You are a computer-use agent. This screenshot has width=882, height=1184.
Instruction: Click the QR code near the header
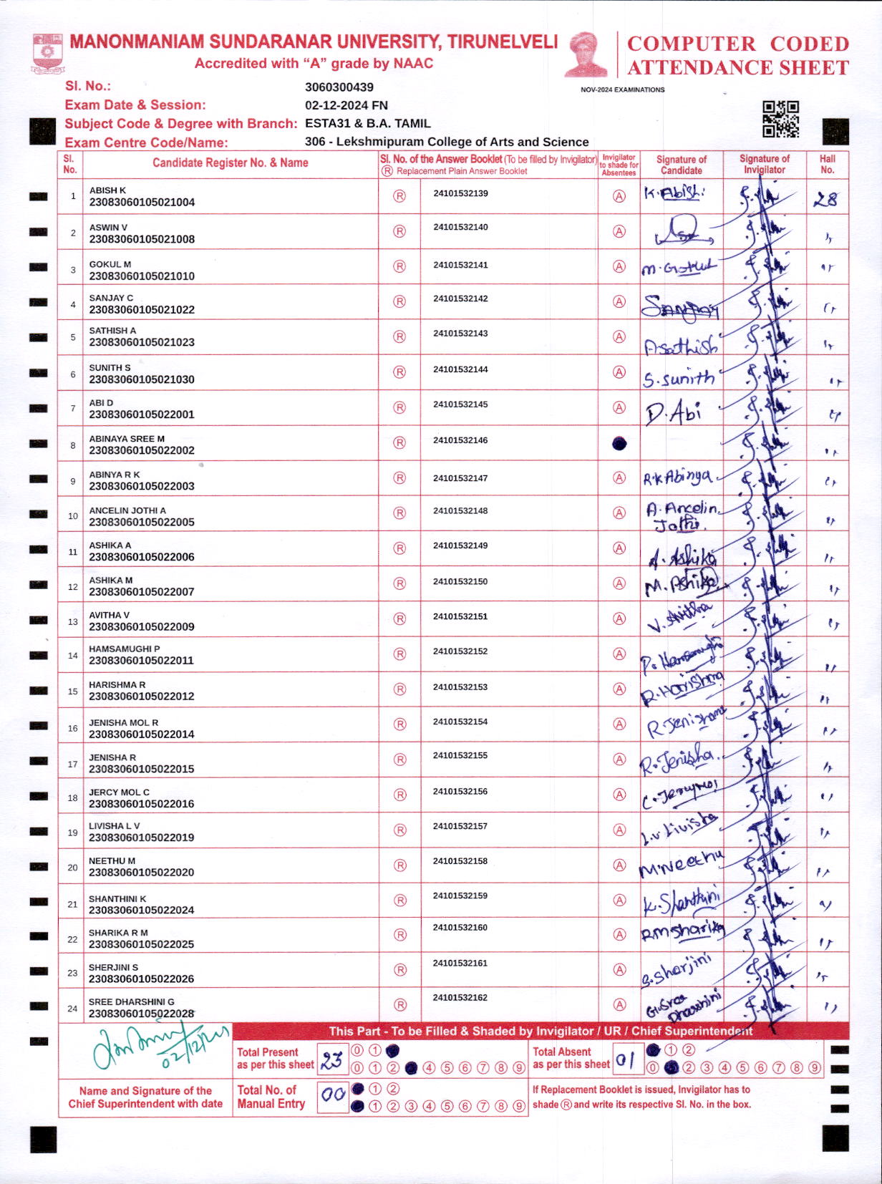[x=780, y=119]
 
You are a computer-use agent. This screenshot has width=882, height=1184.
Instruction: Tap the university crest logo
[x=47, y=53]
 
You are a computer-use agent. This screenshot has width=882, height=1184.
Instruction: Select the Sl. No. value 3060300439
[x=339, y=87]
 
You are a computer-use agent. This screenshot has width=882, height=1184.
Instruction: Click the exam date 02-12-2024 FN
[x=346, y=105]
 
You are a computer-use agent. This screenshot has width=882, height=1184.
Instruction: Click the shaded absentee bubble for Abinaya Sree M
[x=619, y=444]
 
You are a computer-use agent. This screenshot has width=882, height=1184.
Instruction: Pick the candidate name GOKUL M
[x=110, y=264]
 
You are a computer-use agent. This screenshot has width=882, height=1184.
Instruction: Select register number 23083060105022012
[x=141, y=697]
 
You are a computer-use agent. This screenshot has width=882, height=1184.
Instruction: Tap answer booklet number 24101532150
[x=460, y=581]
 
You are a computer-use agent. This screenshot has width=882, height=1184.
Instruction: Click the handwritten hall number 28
[x=825, y=199]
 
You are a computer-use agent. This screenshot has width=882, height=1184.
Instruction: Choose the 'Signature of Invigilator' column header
[x=764, y=164]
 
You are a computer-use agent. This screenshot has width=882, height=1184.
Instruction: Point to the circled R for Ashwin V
[x=399, y=231]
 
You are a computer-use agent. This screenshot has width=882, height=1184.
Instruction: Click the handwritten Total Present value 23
[x=331, y=1059]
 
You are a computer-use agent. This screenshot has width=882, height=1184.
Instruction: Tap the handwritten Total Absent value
[x=625, y=1059]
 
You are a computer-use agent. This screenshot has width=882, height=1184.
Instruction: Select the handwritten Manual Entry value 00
[x=332, y=1095]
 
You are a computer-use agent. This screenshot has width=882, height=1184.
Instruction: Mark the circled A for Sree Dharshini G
[x=619, y=1005]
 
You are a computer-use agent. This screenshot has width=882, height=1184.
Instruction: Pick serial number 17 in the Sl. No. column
[x=72, y=765]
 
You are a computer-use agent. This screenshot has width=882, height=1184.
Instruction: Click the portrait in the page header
[x=586, y=54]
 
